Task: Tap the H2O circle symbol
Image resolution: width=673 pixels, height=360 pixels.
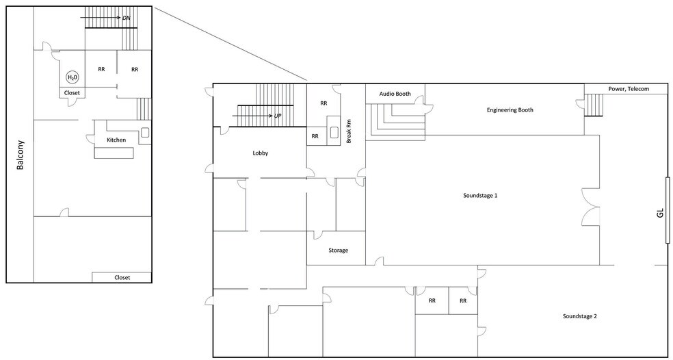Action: pos(71,77)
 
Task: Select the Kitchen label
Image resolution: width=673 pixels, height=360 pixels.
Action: pos(116,140)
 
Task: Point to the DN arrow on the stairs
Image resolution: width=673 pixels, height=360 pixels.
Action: pos(109,17)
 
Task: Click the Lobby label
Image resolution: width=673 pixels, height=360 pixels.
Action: pos(260,153)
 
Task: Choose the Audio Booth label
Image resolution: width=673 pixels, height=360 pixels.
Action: pos(395,94)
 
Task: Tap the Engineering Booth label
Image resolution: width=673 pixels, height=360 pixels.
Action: pos(510,110)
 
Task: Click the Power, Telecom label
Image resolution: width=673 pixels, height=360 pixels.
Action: pos(626,89)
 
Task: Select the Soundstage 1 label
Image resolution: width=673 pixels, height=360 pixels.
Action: pos(480,196)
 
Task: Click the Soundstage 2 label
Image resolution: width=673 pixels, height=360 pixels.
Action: pos(580,316)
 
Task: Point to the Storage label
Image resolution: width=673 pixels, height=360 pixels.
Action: pos(339,250)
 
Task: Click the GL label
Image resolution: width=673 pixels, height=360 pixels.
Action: pos(659,213)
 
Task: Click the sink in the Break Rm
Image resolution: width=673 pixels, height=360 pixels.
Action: pos(334,133)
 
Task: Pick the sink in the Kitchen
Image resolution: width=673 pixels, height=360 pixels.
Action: pos(144,133)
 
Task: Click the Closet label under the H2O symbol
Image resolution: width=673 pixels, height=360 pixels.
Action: pos(72,92)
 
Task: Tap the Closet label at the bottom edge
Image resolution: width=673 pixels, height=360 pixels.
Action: pos(122,278)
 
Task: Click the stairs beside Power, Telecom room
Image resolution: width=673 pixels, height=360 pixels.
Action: pos(594,105)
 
